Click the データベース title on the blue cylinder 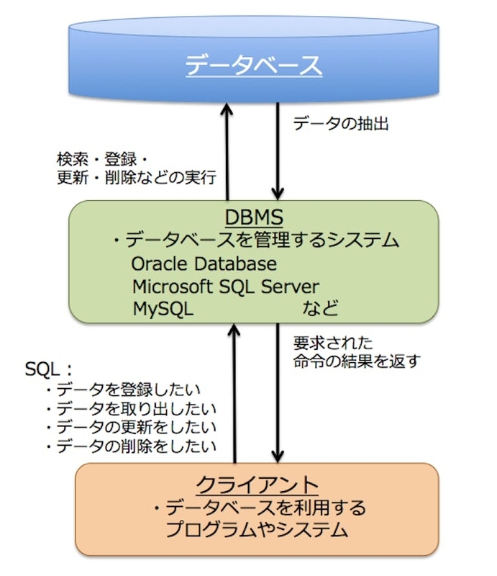[252, 66]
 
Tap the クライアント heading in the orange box [257, 482]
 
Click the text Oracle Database [204, 264]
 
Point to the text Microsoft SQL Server [225, 286]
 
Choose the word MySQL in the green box [163, 308]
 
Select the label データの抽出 [342, 124]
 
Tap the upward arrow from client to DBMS [234, 392]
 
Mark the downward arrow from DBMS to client [277, 392]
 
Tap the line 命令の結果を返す [346, 361]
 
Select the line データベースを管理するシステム [255, 240]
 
